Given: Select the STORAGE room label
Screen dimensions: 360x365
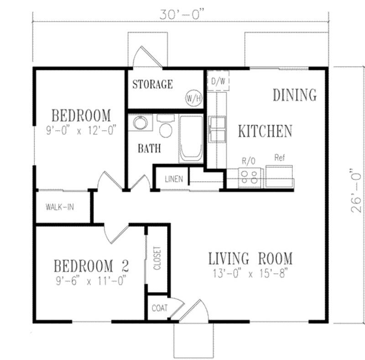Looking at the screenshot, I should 152,84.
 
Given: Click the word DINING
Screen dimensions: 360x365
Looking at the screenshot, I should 294,95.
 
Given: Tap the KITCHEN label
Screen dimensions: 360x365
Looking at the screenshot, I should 265,131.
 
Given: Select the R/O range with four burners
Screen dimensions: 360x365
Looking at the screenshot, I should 250,177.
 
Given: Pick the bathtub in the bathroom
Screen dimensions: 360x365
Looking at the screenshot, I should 191,138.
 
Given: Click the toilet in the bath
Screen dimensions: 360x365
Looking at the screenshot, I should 165,127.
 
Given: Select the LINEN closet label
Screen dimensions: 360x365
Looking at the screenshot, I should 174,179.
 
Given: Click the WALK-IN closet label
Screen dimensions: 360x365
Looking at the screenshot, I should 60,206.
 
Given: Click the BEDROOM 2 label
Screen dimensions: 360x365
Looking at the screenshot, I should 91,265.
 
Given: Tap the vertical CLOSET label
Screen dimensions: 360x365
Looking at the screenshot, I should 157,258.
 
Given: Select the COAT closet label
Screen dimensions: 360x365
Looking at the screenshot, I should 160,308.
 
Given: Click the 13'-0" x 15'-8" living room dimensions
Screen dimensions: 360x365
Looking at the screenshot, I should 250,274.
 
